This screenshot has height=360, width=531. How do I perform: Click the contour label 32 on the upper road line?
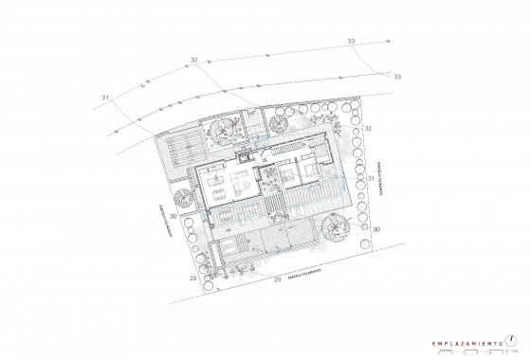click(193, 61)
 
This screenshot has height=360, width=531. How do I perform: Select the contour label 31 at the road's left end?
click(105, 98)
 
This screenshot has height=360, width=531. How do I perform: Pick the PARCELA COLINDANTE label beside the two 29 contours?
click(305, 273)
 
